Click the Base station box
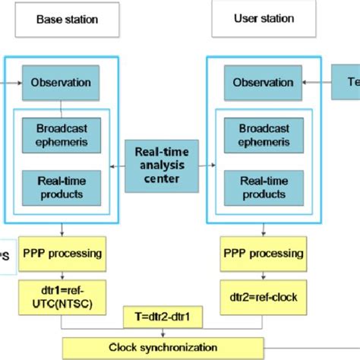coord(66,21)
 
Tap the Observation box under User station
coord(263,81)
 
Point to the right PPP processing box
coord(263,253)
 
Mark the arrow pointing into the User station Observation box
coord(314,81)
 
